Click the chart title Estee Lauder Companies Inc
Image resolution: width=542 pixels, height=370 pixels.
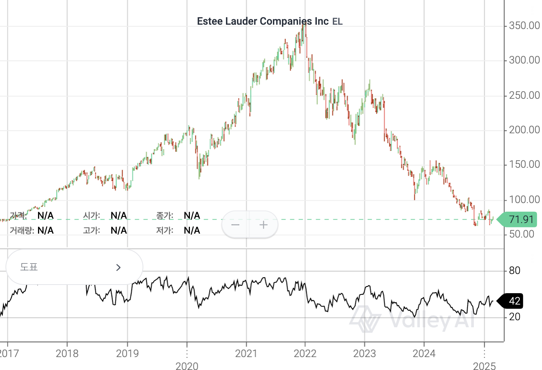pos(262,21)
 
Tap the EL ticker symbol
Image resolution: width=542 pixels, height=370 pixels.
pos(338,22)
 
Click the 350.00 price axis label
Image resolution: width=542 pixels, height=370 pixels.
pos(524,26)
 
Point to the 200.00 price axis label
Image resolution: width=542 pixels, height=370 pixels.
pos(524,130)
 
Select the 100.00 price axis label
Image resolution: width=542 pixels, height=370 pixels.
pos(524,200)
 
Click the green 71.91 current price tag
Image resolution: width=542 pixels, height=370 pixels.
pos(520,219)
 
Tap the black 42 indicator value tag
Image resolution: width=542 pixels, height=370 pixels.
pos(513,301)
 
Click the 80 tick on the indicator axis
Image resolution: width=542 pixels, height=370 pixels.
pos(515,270)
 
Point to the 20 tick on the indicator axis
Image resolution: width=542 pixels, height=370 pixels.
pos(515,317)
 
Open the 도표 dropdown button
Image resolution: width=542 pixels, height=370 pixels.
pos(74,267)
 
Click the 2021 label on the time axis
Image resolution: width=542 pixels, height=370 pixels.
pos(246,354)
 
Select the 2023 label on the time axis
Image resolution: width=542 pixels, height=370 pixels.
pos(364,354)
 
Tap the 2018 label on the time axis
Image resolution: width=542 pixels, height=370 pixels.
pos(67,354)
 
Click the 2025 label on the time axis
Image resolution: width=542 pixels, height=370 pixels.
pos(484,366)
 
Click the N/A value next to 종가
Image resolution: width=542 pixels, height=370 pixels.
pos(192,216)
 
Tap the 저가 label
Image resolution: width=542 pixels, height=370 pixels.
pos(164,230)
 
